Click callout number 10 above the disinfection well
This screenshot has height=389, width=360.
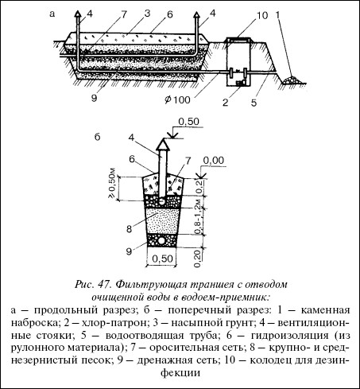tap(262, 16)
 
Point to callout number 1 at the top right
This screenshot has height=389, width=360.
tap(277, 14)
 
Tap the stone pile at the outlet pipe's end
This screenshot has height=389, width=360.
tap(291, 80)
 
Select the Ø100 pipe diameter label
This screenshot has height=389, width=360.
tap(177, 99)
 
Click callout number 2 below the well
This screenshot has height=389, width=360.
tap(226, 103)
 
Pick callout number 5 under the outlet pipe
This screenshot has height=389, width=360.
tap(254, 103)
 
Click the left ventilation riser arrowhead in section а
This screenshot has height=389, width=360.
tap(77, 14)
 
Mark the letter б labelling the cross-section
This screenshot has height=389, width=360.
tap(98, 137)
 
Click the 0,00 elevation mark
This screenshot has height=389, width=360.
tap(214, 160)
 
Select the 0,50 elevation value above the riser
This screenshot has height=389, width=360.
tap(188, 122)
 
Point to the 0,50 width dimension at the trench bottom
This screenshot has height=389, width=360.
tap(162, 259)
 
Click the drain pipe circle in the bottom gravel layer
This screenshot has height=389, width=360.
tap(161, 241)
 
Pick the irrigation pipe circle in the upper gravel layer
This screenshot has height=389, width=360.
tap(161, 202)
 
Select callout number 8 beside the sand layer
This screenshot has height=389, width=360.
tap(130, 228)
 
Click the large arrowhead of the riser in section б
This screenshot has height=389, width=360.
tap(162, 145)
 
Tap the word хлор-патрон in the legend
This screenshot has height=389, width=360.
tap(114, 323)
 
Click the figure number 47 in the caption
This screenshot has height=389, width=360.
tap(104, 285)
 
